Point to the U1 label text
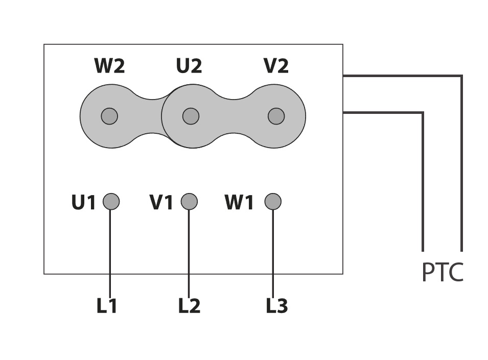(83, 202)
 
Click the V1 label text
(161, 202)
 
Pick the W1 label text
(239, 202)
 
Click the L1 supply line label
(107, 305)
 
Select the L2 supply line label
(189, 305)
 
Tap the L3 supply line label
(277, 305)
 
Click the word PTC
(443, 272)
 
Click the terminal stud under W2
(109, 116)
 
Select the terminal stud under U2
(191, 116)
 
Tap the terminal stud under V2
(276, 116)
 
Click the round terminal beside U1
(111, 202)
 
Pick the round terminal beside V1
(189, 202)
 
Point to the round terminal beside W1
(273, 202)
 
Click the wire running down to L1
(110, 254)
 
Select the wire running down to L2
(189, 254)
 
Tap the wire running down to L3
(273, 254)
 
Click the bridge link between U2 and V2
(234, 116)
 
